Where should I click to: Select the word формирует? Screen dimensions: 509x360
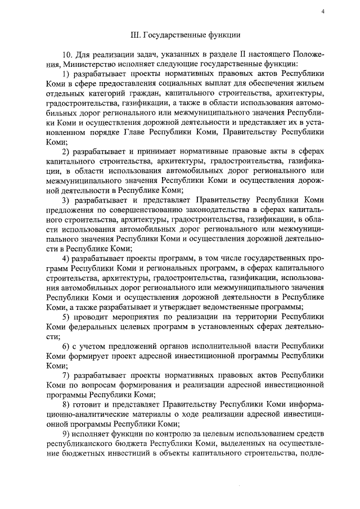[x=88, y=361]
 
